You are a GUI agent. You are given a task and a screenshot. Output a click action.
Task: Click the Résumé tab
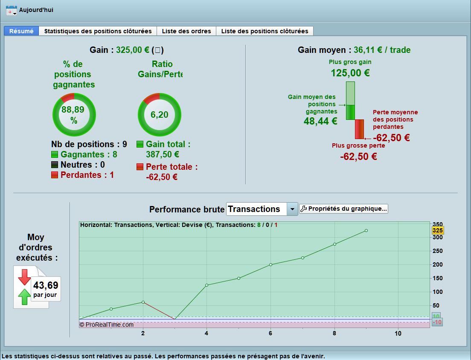[21, 31]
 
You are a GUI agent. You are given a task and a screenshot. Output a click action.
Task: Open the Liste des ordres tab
[186, 31]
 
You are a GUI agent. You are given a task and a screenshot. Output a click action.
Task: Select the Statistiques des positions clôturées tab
[98, 31]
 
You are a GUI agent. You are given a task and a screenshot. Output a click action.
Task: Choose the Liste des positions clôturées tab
[265, 31]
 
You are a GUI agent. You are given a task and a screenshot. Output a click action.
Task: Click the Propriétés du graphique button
[343, 209]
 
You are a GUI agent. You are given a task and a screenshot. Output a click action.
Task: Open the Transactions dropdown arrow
[292, 209]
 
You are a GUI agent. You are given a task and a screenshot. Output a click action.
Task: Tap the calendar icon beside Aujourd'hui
[12, 10]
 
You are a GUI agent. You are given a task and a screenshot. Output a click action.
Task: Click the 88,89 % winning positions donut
[74, 114]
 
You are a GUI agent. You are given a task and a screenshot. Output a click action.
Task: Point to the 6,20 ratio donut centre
[159, 114]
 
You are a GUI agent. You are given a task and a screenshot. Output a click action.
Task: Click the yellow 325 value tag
[438, 230]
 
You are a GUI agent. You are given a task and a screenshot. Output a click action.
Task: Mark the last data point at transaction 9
[366, 231]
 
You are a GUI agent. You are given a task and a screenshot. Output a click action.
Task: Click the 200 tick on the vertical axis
[437, 264]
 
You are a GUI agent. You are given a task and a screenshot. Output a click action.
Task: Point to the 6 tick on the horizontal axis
[270, 334]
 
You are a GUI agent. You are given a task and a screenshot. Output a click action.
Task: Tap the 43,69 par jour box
[45, 289]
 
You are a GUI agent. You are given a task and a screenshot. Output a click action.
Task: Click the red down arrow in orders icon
[24, 277]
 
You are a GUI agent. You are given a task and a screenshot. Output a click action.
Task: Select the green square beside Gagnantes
[55, 154]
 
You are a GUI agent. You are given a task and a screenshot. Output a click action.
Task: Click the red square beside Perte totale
[140, 167]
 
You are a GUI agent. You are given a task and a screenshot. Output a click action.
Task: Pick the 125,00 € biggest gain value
[350, 73]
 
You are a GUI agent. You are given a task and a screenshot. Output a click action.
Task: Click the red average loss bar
[359, 129]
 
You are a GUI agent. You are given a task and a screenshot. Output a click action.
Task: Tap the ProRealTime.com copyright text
[107, 325]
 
